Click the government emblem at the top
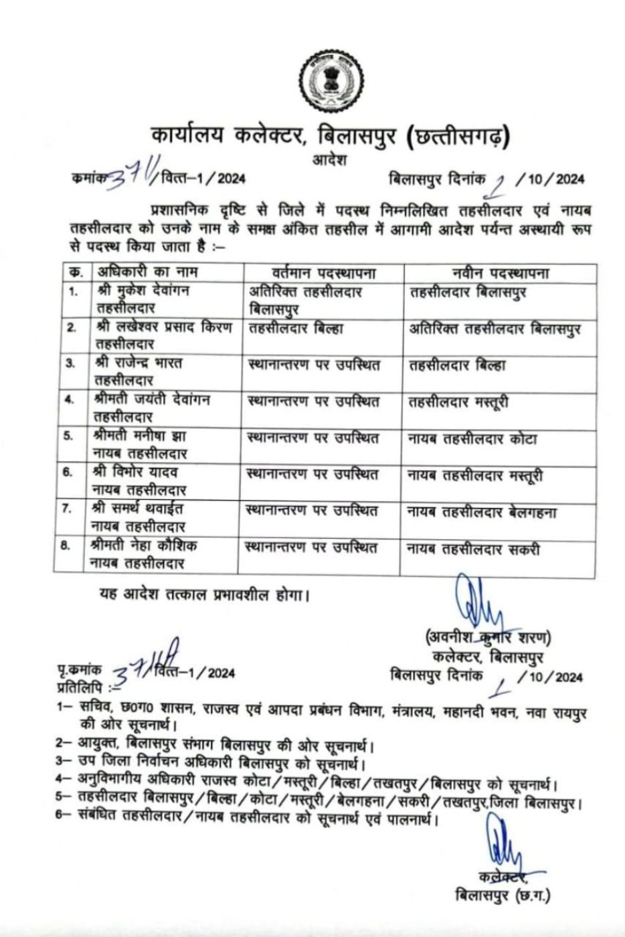(331, 83)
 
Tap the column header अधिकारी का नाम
(146, 273)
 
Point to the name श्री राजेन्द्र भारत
(138, 364)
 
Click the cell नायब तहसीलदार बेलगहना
(482, 512)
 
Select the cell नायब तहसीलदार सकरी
(473, 549)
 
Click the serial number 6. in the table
(68, 473)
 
